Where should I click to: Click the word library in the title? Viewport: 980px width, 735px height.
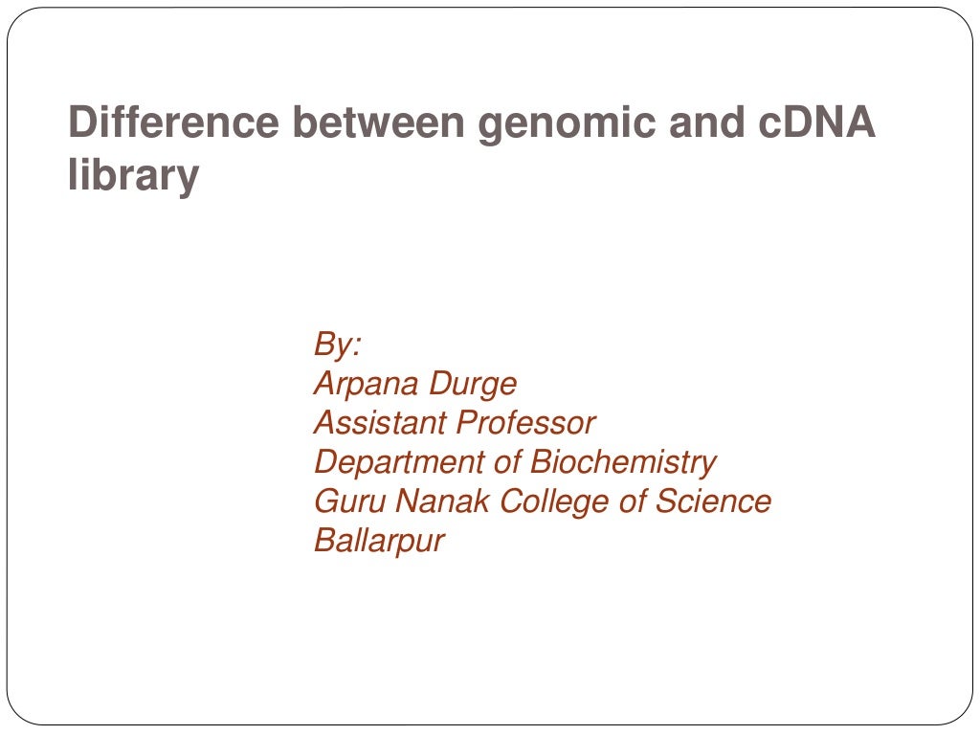click(133, 176)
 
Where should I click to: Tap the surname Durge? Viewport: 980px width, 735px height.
click(473, 385)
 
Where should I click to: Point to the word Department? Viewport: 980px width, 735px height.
click(399, 463)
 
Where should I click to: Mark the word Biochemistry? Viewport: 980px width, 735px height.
click(623, 463)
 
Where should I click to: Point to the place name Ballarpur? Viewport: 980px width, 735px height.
click(379, 542)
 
